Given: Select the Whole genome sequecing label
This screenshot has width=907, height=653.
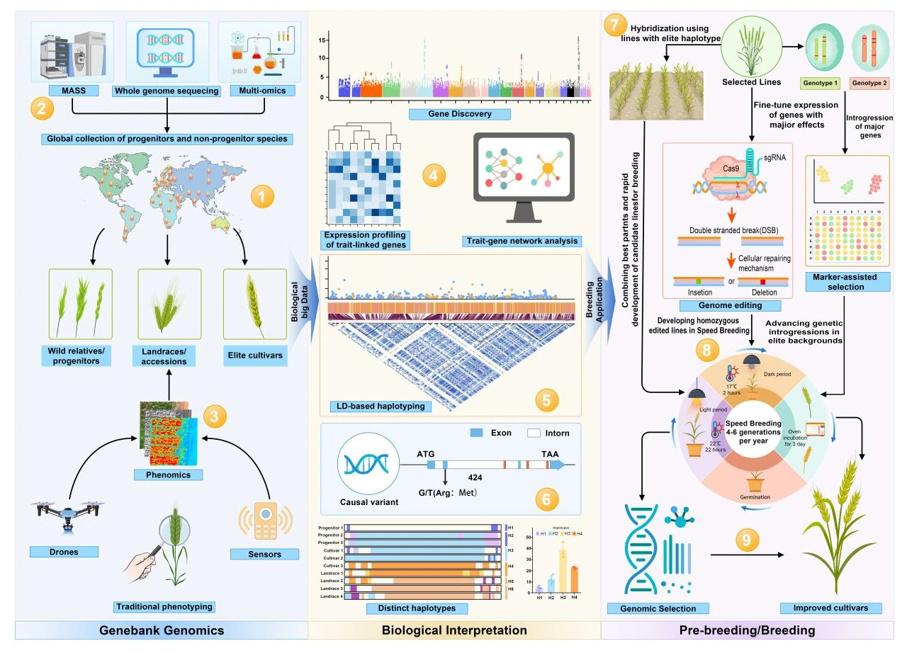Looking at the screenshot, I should coord(167,91).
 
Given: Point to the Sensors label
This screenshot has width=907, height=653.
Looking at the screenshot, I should coord(266,554).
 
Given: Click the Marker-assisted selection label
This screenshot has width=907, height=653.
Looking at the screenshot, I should coord(846,282).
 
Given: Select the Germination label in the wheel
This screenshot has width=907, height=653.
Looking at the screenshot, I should coord(754,497).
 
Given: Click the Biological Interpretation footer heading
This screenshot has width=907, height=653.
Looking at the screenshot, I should coord(454,630).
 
